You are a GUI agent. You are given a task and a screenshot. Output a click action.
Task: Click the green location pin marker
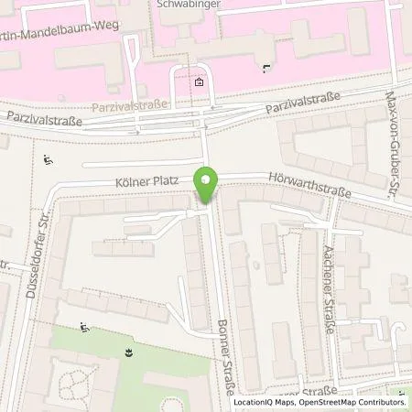208,186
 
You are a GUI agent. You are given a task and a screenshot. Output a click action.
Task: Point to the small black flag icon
266,67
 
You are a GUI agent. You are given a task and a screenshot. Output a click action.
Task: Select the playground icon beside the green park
84,327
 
